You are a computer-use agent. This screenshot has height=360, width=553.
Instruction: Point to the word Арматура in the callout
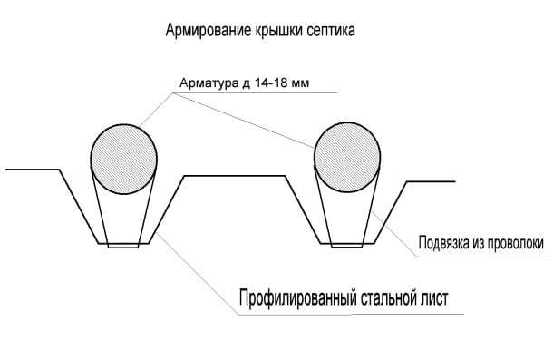206,84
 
